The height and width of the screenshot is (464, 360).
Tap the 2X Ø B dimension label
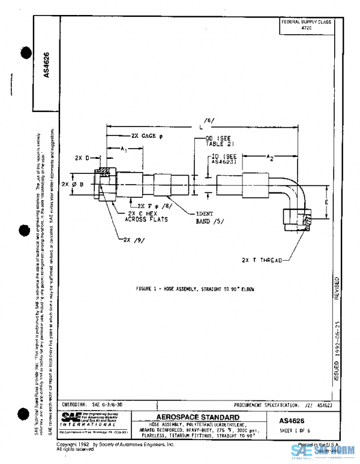[74, 184]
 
